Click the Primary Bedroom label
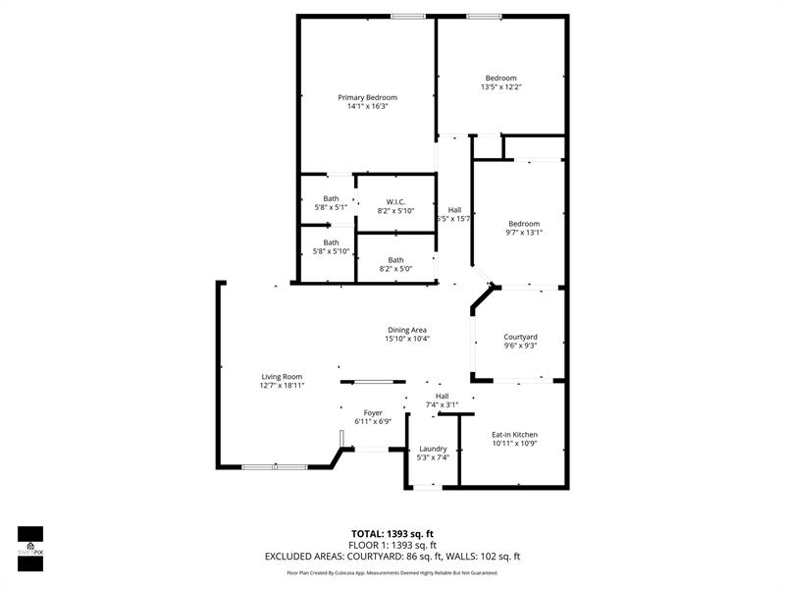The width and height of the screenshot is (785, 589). click(x=367, y=97)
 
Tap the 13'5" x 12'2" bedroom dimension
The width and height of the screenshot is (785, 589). click(x=500, y=87)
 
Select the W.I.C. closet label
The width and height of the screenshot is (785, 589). click(x=395, y=201)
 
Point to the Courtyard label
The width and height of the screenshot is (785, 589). click(x=520, y=337)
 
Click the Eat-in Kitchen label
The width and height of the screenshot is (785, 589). click(x=514, y=434)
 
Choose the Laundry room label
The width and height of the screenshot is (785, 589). click(x=433, y=449)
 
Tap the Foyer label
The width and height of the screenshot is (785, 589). click(x=373, y=412)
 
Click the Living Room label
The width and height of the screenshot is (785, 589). click(x=282, y=377)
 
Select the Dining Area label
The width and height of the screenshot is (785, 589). click(x=406, y=330)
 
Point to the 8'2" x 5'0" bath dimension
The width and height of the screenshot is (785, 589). click(x=395, y=269)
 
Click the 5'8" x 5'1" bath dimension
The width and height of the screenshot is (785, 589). click(x=331, y=207)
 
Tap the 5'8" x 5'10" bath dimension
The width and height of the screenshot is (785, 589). click(x=332, y=251)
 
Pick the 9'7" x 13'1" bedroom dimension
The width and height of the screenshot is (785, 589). click(x=523, y=233)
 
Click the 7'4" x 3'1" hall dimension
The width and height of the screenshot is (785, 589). click(x=443, y=404)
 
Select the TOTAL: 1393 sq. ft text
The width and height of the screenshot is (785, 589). click(x=392, y=533)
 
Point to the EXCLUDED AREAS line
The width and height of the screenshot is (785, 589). click(x=392, y=557)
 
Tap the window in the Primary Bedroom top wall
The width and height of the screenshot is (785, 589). click(x=407, y=16)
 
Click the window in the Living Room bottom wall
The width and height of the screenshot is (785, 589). click(x=274, y=467)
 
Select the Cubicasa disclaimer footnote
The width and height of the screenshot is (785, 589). click(x=392, y=572)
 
